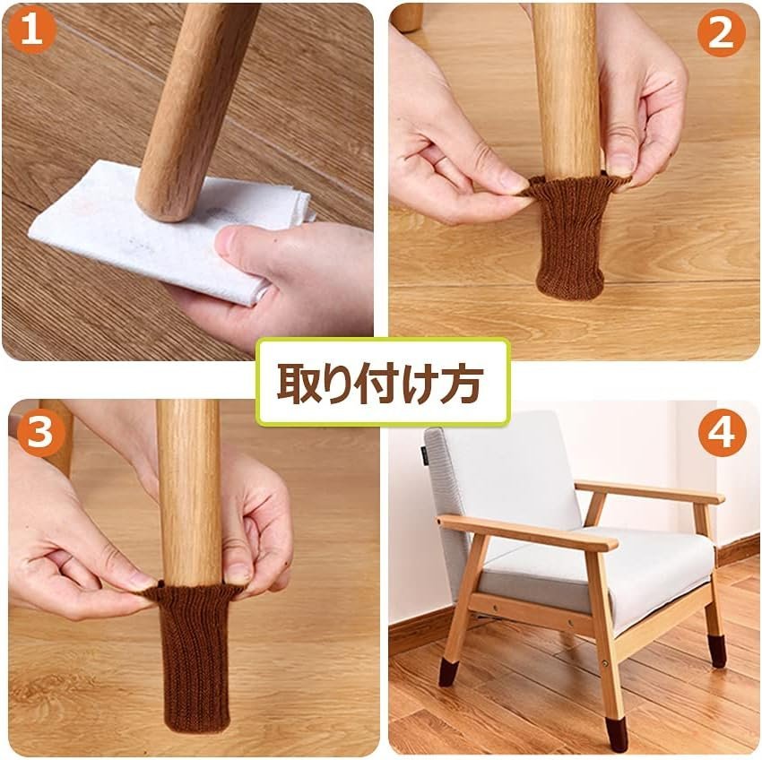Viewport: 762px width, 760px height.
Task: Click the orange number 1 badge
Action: pyautogui.click(x=32, y=30)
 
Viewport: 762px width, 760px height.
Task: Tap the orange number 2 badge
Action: pyautogui.click(x=721, y=33)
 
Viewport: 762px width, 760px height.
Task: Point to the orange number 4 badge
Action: pyautogui.click(x=723, y=433)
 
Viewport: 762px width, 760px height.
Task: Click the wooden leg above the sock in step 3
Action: pyautogui.click(x=188, y=491)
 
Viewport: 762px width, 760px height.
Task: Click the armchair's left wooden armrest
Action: pyautogui.click(x=527, y=533)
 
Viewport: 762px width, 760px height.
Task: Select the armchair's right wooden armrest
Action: pyautogui.click(x=650, y=492)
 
